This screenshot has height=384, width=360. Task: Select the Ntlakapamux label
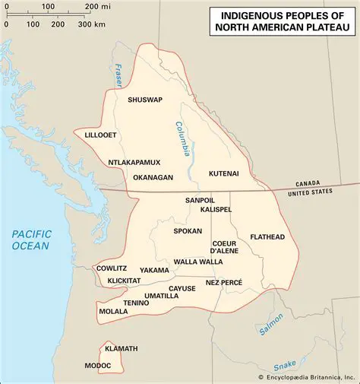point(134,162)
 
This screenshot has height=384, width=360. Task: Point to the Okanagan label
point(153,177)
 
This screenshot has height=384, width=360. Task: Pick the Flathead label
point(267,237)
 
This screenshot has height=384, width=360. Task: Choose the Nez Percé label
point(224,282)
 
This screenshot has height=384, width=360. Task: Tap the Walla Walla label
point(198,262)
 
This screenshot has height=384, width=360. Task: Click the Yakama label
point(154,270)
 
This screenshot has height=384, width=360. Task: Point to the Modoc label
point(97,366)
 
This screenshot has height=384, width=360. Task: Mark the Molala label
point(113,311)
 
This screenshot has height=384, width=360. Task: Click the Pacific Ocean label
point(30,240)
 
